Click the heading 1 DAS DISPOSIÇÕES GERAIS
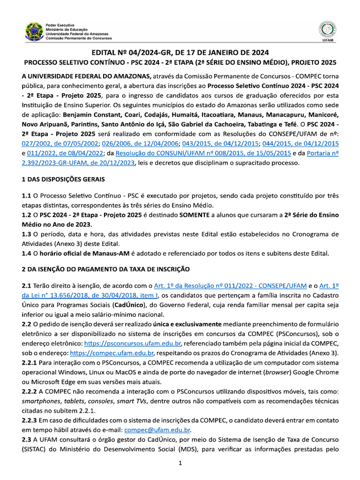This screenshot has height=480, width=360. coord(63,180)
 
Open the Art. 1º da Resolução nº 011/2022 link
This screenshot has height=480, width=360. coord(231,286)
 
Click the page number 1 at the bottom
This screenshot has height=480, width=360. coord(180,464)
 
